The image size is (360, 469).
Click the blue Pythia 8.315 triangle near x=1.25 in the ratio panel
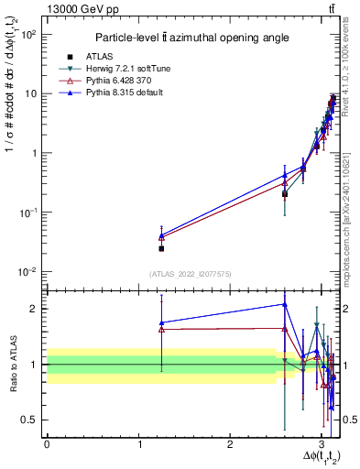tap(161, 322)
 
